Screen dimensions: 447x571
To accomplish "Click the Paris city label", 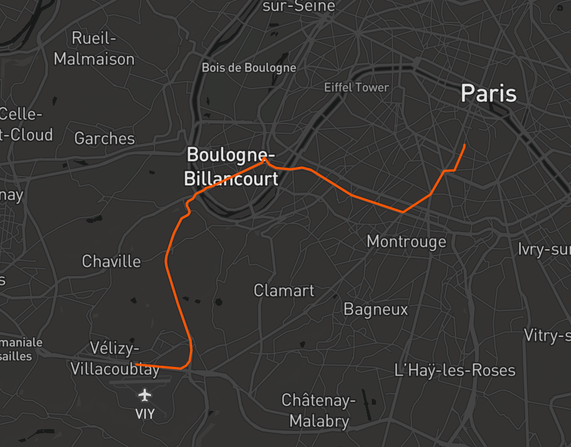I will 489,93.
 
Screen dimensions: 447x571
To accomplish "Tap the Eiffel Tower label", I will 356,87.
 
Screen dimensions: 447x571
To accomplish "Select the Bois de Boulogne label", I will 249,67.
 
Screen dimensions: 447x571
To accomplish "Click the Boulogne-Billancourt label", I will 231,166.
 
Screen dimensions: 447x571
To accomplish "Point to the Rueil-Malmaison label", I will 94,49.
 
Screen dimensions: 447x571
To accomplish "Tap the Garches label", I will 105,138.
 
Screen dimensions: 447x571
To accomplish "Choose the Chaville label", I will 111,261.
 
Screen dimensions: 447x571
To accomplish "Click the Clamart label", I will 284,290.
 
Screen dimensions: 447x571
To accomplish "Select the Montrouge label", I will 406,241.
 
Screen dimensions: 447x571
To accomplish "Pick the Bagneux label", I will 375,309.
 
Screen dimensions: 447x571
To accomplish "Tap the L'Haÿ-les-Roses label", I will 455,370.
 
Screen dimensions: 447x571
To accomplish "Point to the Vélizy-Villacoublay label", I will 114,358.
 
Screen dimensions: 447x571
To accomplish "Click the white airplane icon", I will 145,395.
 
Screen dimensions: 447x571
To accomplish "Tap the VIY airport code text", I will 145,414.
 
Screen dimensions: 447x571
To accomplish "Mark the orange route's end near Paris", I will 464,145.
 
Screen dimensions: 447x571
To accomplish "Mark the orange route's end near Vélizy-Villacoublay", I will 136,364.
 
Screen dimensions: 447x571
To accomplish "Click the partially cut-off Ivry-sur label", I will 544,249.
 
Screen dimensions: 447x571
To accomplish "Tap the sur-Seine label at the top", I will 299,6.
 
